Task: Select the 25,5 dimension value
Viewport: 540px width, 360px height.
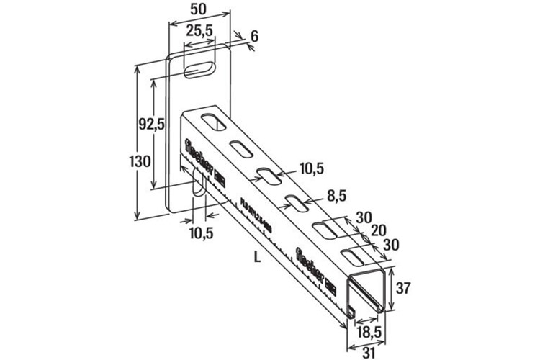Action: (x=199, y=32)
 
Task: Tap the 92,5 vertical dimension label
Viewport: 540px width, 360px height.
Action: (x=151, y=123)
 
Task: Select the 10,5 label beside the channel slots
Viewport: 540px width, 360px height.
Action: (x=310, y=168)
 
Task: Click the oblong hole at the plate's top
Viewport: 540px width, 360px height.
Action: (x=199, y=69)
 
